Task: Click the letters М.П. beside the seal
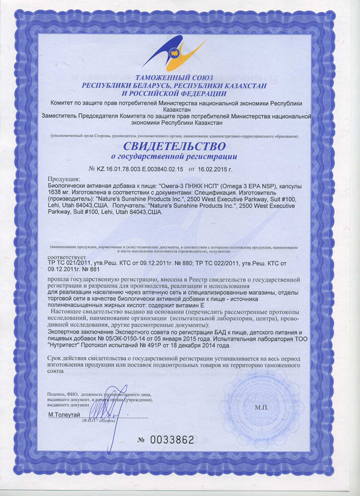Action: (263, 407)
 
